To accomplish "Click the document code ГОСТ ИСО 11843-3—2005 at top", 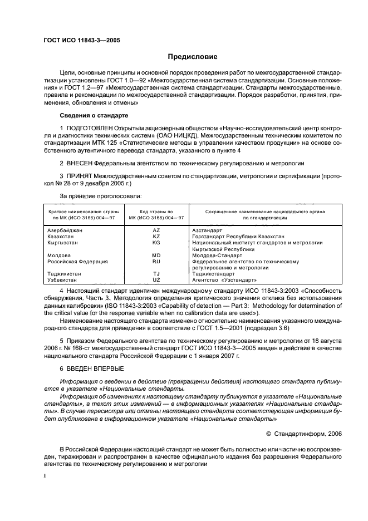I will (81, 40).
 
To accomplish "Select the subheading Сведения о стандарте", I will (94, 115).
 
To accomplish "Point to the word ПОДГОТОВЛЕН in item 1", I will (89, 129).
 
